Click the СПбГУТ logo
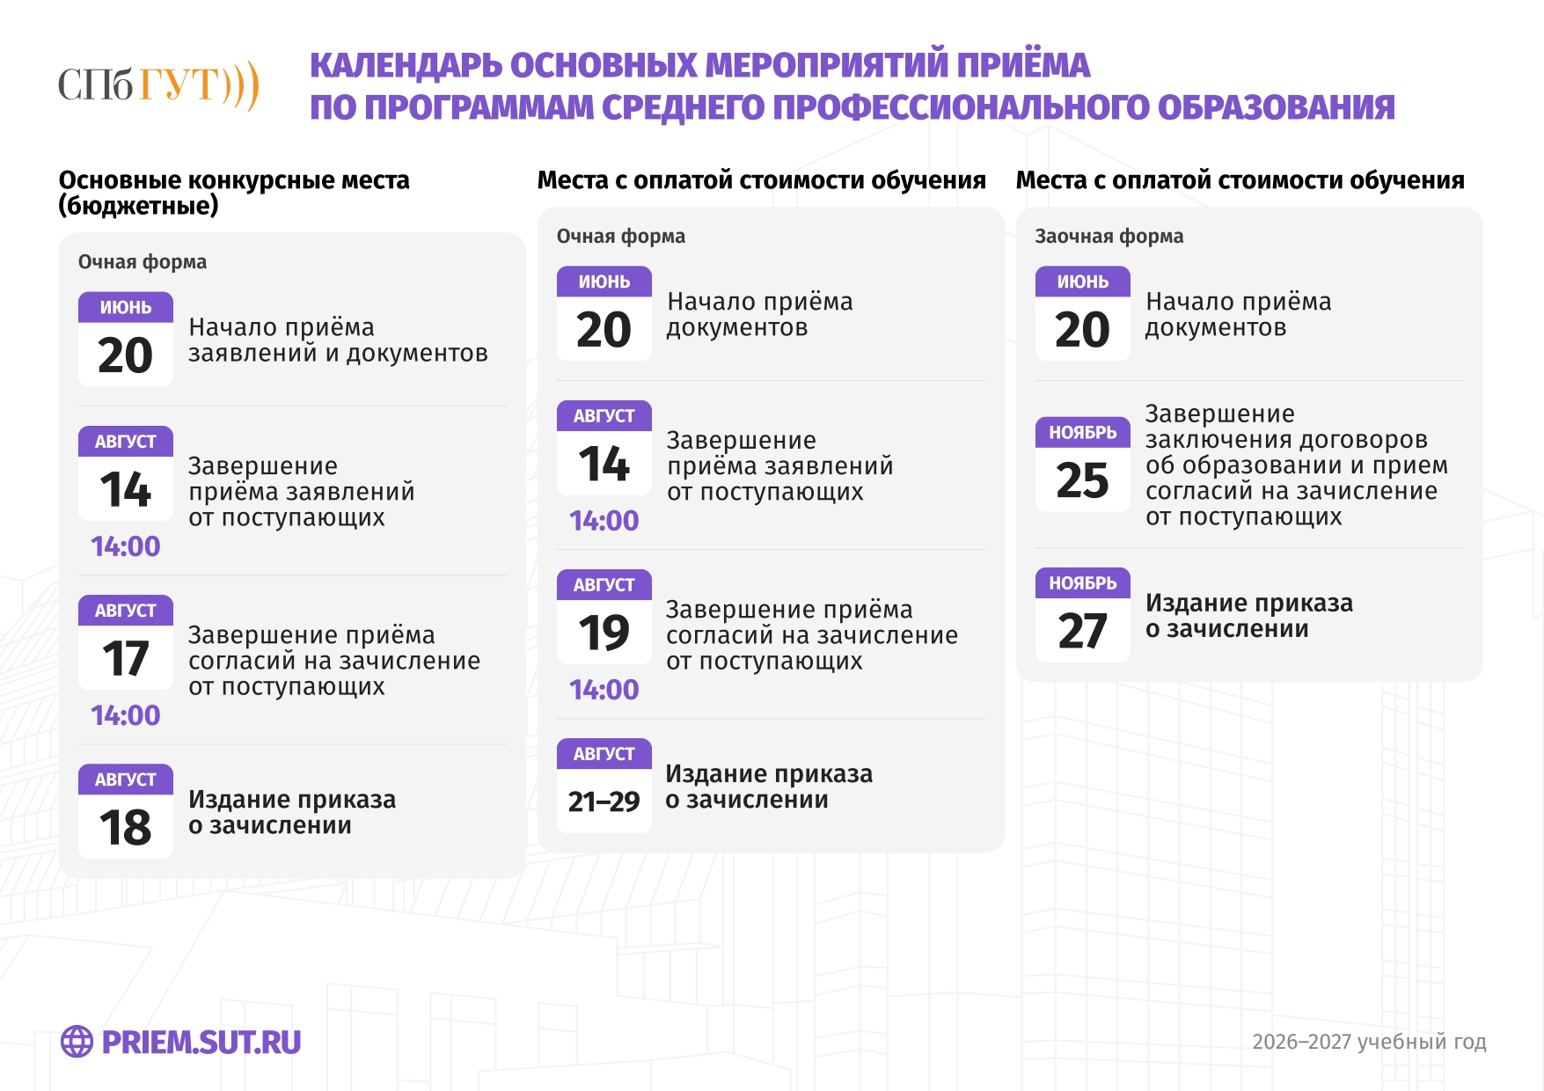point(158,85)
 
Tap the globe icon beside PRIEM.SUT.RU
point(77,1042)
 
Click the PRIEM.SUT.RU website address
point(201,1043)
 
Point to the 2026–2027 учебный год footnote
point(1369,1042)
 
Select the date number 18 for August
point(126,828)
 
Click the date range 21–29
point(604,802)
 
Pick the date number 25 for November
point(1082,480)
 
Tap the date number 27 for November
point(1082,631)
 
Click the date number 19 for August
point(604,633)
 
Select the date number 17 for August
point(126,659)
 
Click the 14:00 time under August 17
point(126,715)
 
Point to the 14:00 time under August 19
point(604,690)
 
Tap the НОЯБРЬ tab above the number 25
point(1082,432)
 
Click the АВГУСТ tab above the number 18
point(126,780)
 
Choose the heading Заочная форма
point(1109,236)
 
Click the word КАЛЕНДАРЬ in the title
point(406,66)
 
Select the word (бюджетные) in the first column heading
point(138,206)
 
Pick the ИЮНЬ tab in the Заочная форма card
point(1082,282)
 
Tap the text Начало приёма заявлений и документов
point(338,340)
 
